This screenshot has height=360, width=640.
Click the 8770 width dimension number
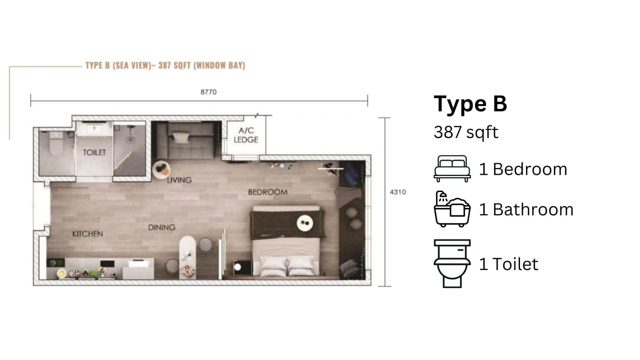(208, 92)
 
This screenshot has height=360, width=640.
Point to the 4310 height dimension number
(398, 192)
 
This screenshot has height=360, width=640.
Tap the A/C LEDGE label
(246, 135)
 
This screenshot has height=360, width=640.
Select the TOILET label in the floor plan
(94, 152)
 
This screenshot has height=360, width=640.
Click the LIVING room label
(179, 180)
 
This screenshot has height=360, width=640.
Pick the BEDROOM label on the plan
(268, 192)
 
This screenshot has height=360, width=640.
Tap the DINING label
(162, 228)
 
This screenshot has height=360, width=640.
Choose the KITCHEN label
(88, 234)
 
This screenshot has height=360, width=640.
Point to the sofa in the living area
(185, 140)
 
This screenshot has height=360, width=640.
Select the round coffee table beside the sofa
(162, 170)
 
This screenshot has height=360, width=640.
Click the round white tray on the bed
(305, 223)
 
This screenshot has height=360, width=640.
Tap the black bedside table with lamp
(242, 268)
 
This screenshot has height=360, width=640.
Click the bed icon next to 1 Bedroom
(452, 168)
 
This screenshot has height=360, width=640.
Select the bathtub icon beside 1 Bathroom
(452, 209)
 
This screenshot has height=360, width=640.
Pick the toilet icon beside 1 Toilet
(452, 264)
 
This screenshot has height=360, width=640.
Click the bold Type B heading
(470, 104)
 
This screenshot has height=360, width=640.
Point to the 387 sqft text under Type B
(466, 132)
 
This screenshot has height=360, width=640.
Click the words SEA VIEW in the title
(132, 66)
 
